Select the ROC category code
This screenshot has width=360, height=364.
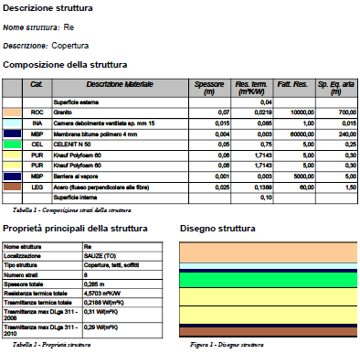point(37,112)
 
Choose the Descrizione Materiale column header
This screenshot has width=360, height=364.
point(120,84)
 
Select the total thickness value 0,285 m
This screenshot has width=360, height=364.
point(94,283)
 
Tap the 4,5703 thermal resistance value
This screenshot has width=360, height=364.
point(101,292)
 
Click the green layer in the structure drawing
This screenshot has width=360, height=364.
point(266,278)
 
